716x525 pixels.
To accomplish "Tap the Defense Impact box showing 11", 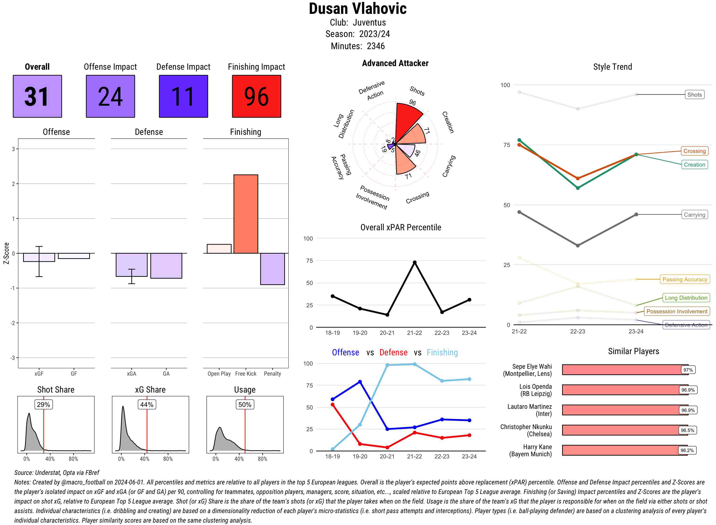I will click(x=183, y=96).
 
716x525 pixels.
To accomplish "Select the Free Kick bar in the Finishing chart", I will click(x=246, y=214).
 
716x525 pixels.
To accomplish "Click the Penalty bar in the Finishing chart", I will click(x=272, y=269).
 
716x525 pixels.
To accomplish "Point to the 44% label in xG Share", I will click(x=147, y=404).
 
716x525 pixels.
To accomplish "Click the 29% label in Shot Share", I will click(x=43, y=404).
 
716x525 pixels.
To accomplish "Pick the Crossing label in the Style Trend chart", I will click(x=694, y=151).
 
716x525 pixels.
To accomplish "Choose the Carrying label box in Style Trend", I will click(x=694, y=215).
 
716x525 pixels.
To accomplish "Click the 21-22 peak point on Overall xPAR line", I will click(x=414, y=262).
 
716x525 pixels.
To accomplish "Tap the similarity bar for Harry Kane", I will click(x=625, y=450).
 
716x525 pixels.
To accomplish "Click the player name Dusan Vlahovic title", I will click(x=358, y=9).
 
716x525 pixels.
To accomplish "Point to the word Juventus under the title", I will click(x=369, y=23).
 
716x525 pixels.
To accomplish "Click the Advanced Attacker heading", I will click(x=395, y=63).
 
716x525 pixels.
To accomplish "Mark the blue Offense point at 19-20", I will click(x=360, y=382).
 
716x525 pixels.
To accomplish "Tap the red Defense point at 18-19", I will click(x=332, y=404).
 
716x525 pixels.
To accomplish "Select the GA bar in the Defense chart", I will click(x=166, y=266).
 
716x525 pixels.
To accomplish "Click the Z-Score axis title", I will click(x=6, y=253).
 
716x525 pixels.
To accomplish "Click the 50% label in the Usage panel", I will click(x=245, y=404).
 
